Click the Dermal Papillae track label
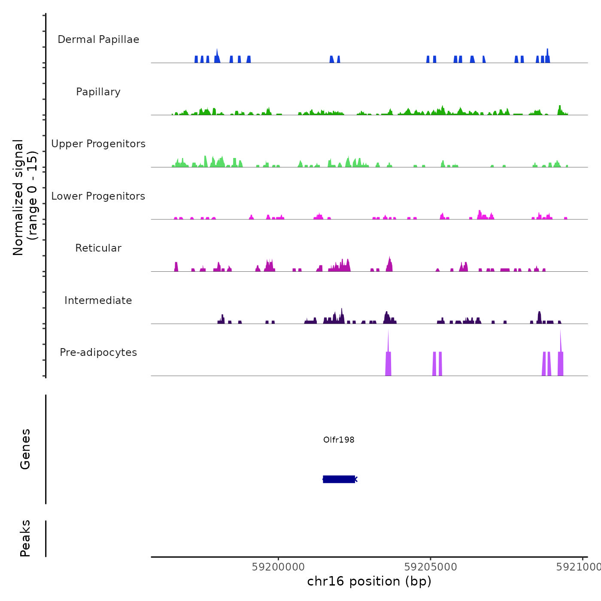click(98, 39)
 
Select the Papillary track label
click(98, 92)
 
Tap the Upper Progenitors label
click(98, 144)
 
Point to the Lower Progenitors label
click(98, 196)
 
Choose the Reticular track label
click(98, 248)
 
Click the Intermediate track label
click(98, 300)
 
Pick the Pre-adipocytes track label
click(98, 352)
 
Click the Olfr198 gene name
click(339, 440)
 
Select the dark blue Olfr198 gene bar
click(339, 479)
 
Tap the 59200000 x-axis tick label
click(278, 567)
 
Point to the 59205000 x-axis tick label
click(431, 567)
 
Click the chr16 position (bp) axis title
click(369, 581)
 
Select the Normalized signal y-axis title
click(25, 197)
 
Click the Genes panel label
click(25, 449)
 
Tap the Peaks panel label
click(25, 538)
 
